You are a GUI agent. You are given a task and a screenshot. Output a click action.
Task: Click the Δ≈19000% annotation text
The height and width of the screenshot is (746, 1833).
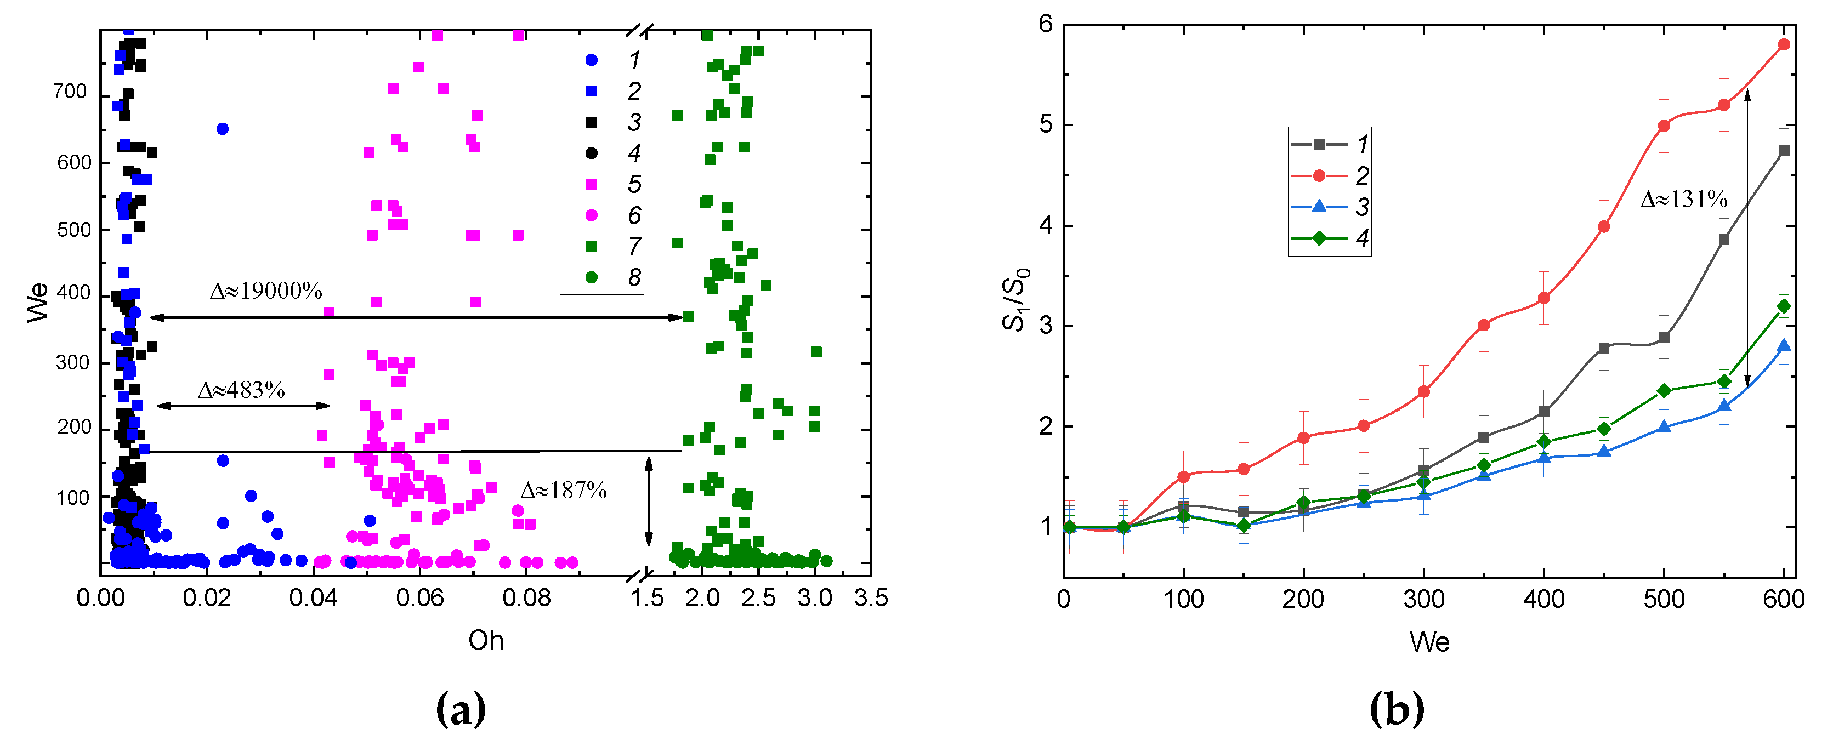click(265, 291)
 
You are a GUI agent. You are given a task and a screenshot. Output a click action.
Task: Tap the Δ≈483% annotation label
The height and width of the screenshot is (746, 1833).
click(241, 390)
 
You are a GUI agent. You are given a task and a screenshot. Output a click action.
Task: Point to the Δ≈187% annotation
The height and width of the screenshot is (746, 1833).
click(563, 490)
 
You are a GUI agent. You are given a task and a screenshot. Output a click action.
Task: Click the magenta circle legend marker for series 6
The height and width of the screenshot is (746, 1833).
click(591, 215)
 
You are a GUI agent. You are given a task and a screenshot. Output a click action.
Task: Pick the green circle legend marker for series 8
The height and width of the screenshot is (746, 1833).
click(591, 277)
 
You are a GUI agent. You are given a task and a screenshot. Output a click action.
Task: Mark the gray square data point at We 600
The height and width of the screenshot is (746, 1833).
click(1784, 150)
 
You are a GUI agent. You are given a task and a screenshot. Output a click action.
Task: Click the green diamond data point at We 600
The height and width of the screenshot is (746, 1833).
click(1784, 306)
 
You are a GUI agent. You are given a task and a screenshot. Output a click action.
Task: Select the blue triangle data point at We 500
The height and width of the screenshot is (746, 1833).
click(1664, 426)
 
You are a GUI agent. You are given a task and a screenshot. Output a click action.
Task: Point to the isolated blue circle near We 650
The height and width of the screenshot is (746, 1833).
click(222, 129)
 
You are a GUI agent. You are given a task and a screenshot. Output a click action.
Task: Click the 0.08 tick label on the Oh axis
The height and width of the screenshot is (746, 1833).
click(526, 598)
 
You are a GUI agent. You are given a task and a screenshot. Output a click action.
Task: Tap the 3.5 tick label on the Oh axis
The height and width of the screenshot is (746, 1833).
click(871, 598)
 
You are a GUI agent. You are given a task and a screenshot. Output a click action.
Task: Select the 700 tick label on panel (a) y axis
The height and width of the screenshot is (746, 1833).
click(70, 92)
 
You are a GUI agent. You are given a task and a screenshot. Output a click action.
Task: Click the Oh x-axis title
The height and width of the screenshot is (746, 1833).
click(486, 641)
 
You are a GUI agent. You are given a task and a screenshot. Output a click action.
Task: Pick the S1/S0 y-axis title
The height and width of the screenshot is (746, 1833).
click(1015, 299)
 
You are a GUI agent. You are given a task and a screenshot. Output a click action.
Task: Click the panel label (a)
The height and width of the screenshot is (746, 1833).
click(461, 710)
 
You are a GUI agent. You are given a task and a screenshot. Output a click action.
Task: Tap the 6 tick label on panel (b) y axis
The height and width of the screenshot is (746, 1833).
click(1045, 24)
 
